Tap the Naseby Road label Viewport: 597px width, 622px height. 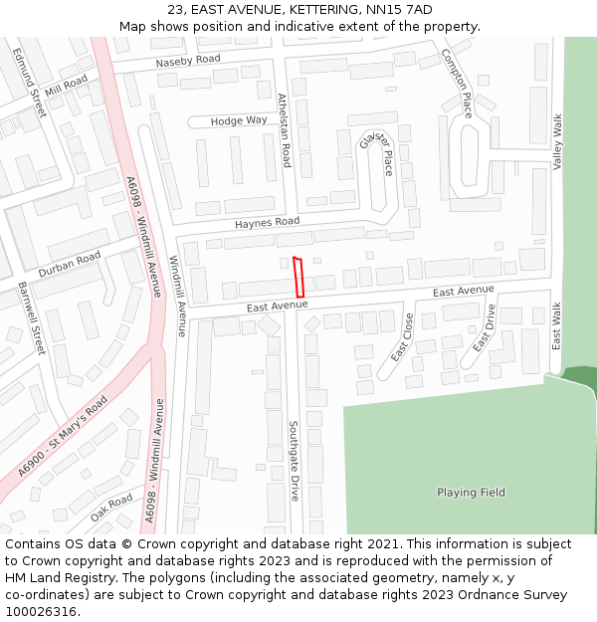(188, 61)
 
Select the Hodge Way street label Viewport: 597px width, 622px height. (239, 120)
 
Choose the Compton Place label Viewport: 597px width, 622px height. (457, 83)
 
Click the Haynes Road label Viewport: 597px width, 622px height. (267, 222)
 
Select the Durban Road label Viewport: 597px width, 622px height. (70, 264)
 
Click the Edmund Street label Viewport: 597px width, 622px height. (30, 83)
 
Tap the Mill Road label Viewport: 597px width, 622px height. (67, 86)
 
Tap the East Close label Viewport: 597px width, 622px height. (402, 336)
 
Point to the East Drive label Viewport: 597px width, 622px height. (484, 328)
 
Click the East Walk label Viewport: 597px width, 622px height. (557, 325)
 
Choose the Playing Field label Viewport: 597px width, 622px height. (471, 493)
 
